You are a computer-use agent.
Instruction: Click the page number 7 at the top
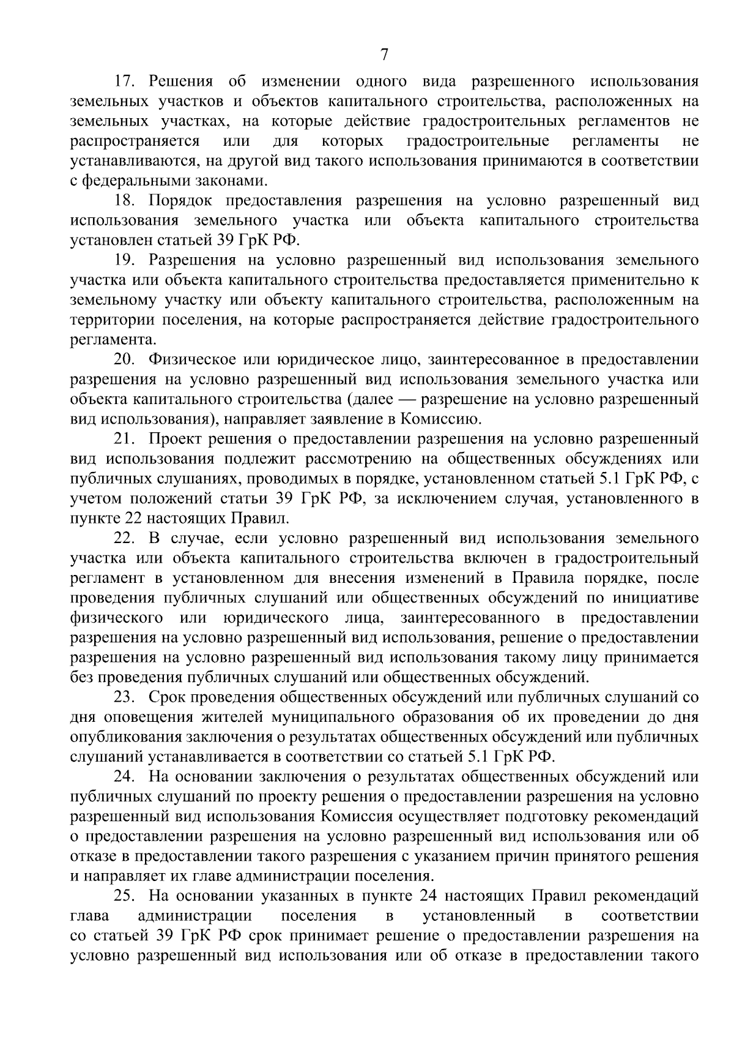click(x=384, y=55)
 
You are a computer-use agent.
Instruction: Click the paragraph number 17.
click(x=125, y=81)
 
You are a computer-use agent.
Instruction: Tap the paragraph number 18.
click(x=125, y=201)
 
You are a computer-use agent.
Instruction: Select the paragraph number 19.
click(x=125, y=260)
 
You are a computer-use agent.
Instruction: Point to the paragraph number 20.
click(x=125, y=359)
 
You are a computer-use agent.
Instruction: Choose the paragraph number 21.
click(x=125, y=439)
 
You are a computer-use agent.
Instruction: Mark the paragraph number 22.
click(x=125, y=538)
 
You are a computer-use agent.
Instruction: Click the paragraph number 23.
click(x=125, y=697)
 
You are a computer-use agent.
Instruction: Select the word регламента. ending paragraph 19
click(x=114, y=340)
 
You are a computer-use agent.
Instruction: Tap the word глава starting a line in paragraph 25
click(x=90, y=917)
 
